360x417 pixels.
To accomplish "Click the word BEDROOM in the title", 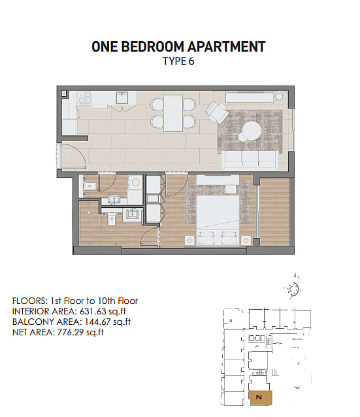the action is point(153,46).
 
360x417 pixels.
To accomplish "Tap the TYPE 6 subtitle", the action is point(178,61).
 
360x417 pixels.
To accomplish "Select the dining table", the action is point(173,113).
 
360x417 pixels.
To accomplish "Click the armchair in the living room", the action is point(217,112).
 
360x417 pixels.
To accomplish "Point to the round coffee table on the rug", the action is point(252,130).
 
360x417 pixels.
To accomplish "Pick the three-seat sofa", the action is point(250,161).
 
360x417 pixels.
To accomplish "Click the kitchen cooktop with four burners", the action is point(84,97).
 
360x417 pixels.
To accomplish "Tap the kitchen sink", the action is point(122,97).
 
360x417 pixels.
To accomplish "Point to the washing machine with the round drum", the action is point(136,182).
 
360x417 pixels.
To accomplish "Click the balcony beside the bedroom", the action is point(274,212).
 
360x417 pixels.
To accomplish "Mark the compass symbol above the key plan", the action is point(293,287).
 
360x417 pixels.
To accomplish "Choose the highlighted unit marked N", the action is point(261,398).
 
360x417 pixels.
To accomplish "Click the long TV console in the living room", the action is point(250,97).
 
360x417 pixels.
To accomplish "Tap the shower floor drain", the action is point(90,212).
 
